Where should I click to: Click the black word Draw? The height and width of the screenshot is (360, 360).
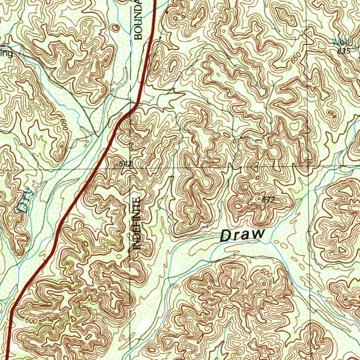click(242, 234)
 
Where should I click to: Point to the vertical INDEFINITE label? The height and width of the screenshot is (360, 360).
click(137, 224)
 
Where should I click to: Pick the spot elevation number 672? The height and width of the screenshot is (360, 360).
click(268, 200)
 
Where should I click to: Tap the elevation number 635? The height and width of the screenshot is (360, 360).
click(344, 51)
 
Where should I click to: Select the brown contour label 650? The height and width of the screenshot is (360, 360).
click(296, 58)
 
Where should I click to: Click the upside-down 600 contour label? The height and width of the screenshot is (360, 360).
click(64, 126)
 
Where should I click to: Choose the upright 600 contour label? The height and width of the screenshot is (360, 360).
click(31, 321)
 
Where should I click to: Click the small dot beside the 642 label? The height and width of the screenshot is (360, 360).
click(116, 164)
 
